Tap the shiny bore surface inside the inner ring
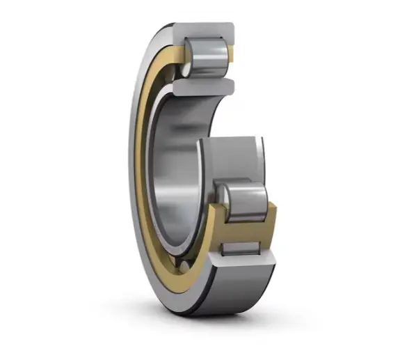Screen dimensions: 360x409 point(174,174)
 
